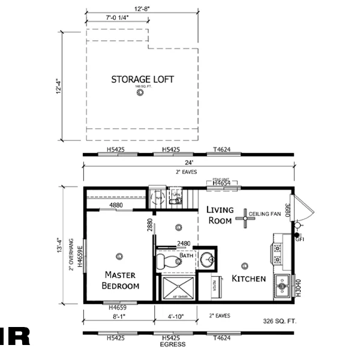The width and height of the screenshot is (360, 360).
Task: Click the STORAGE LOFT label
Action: click(x=142, y=79)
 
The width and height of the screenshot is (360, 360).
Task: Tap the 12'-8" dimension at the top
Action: click(x=142, y=8)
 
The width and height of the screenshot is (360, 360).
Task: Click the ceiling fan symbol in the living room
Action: click(x=245, y=218)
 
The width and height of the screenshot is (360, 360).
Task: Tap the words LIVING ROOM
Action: click(x=219, y=215)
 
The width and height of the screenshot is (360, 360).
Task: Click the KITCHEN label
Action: click(x=248, y=278)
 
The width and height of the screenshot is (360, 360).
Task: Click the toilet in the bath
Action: click(x=168, y=261)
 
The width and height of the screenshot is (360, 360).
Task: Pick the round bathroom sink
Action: click(x=207, y=260)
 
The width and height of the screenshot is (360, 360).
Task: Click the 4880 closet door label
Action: click(x=116, y=205)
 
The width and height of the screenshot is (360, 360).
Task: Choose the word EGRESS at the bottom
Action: click(x=173, y=344)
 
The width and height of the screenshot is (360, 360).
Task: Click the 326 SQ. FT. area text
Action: click(x=280, y=322)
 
